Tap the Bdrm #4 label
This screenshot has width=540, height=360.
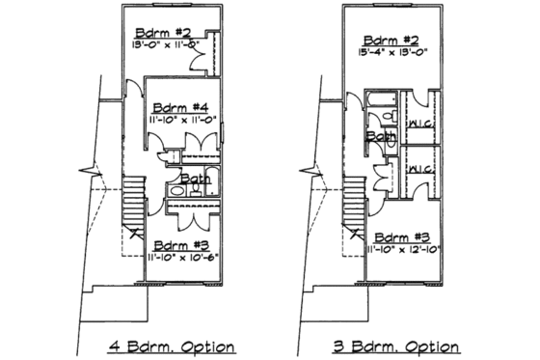coord(181,107)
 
